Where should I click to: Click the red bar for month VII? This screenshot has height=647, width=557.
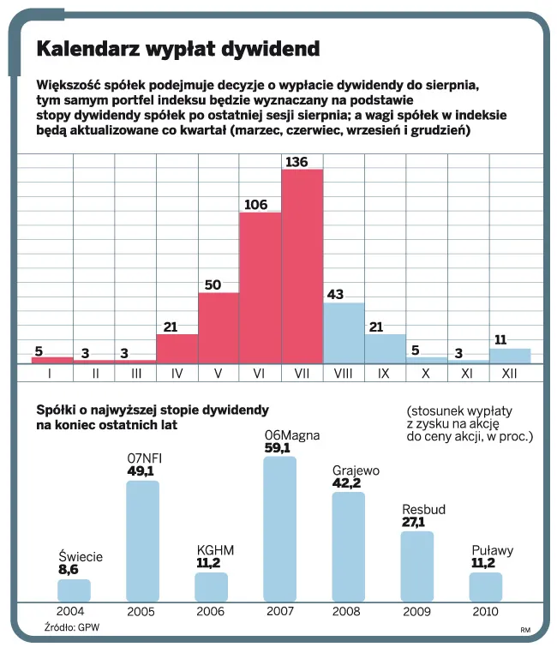302,266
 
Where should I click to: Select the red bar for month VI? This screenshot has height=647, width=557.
261,287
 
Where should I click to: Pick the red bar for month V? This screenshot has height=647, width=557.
219,327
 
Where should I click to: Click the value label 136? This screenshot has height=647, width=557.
296,162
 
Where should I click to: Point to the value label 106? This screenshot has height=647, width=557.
255,205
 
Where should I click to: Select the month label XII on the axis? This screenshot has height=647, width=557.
509,373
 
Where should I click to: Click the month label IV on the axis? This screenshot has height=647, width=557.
177,373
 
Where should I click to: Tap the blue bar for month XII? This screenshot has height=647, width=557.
510,355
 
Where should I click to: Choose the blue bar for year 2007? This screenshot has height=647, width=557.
279,528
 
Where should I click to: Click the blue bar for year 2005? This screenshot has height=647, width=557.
142,540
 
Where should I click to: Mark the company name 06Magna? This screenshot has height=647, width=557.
293,434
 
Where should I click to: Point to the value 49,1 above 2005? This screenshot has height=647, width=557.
140,471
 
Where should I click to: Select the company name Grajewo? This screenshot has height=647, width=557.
356,470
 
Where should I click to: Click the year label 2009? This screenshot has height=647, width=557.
416,611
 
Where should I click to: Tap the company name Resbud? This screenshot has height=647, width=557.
423,510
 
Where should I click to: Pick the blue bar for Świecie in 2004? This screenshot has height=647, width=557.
74,590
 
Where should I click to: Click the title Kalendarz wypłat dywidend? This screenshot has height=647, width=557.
177,49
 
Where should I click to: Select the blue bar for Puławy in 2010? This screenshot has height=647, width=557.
485,586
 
